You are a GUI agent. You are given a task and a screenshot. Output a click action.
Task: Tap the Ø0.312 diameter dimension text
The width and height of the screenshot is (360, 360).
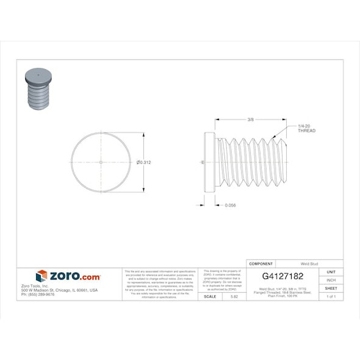point(145,162)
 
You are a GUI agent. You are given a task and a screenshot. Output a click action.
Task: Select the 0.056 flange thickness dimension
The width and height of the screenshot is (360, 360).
point(230,205)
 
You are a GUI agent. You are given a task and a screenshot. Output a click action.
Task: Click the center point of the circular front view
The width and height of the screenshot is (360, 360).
point(101,162)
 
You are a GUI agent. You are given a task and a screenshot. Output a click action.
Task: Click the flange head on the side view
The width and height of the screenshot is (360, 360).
point(210,162)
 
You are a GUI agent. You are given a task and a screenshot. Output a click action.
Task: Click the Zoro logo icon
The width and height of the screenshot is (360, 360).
point(41,276)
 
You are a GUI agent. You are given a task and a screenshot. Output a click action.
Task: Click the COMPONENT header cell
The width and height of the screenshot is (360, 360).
point(261,264)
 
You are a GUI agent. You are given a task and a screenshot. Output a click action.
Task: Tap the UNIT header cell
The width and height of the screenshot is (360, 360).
point(331,272)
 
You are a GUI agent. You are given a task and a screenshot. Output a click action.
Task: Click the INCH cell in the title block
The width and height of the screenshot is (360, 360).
point(331,279)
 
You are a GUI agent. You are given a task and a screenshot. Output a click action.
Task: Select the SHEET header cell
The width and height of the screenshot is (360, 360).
point(331,288)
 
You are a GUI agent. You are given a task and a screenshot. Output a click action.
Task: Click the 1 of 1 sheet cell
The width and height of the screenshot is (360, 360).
point(331,296)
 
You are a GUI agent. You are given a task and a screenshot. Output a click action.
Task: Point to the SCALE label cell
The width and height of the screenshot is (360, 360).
point(209,296)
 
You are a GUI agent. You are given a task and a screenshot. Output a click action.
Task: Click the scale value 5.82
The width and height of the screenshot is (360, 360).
point(234,296)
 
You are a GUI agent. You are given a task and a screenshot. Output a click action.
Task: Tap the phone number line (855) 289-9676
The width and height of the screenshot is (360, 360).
point(38,294)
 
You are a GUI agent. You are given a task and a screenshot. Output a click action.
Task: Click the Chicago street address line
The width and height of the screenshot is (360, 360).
point(59,290)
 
